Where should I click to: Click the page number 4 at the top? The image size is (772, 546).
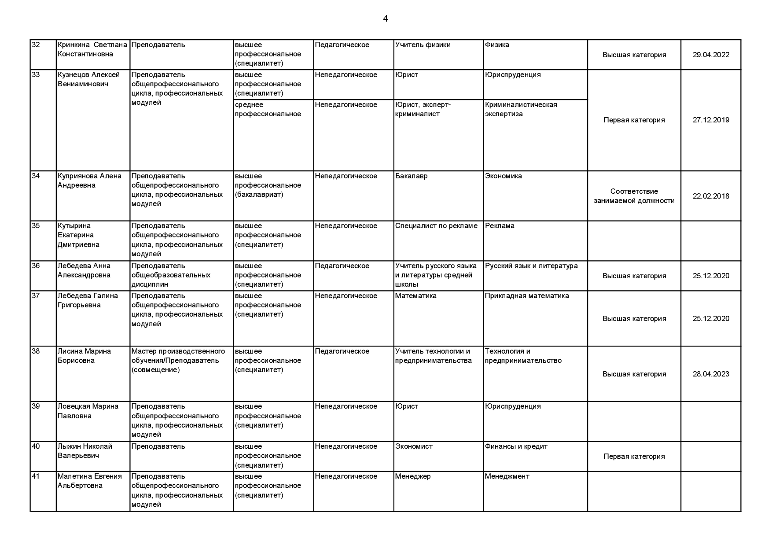(385, 18)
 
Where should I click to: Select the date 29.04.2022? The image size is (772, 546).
(710, 55)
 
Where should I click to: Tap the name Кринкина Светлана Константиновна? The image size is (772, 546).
(92, 49)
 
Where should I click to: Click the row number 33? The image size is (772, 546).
(36, 75)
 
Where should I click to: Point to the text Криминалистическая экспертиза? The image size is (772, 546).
(521, 109)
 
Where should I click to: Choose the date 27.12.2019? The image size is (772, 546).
(710, 120)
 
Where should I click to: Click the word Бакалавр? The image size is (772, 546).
(411, 176)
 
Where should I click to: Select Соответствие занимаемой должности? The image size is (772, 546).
(634, 196)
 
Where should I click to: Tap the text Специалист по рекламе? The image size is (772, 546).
(436, 226)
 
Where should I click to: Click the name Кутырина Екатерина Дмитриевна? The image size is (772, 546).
(78, 235)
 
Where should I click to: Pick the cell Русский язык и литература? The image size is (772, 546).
(531, 266)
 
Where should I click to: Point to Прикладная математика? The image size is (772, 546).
(526, 296)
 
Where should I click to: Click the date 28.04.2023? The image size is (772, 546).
(710, 374)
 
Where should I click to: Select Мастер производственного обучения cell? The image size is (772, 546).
(178, 360)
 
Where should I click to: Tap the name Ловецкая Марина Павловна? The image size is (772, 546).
(88, 411)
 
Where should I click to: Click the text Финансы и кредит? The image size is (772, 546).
(516, 446)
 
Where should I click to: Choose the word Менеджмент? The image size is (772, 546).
(507, 476)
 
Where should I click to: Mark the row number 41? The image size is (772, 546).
(36, 476)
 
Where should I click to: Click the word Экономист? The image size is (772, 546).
(413, 446)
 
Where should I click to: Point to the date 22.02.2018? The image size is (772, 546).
(710, 196)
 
